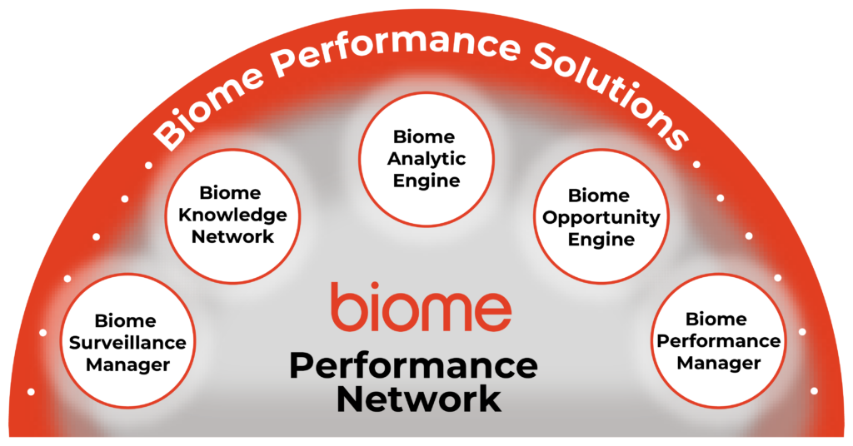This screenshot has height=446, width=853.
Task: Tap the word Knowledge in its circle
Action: click(x=232, y=215)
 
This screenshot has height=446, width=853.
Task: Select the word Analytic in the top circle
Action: click(x=426, y=158)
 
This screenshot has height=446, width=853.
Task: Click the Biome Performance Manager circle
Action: click(x=718, y=341)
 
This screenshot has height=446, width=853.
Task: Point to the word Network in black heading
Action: click(x=419, y=399)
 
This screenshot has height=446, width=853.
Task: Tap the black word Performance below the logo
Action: click(x=413, y=366)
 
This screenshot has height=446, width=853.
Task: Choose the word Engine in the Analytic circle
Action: click(x=426, y=180)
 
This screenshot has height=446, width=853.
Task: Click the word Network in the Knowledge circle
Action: click(x=232, y=236)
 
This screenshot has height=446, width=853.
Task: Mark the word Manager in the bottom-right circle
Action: click(x=718, y=363)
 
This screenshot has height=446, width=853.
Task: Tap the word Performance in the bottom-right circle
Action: click(x=718, y=341)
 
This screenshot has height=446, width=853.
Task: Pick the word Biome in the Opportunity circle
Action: click(x=599, y=196)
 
